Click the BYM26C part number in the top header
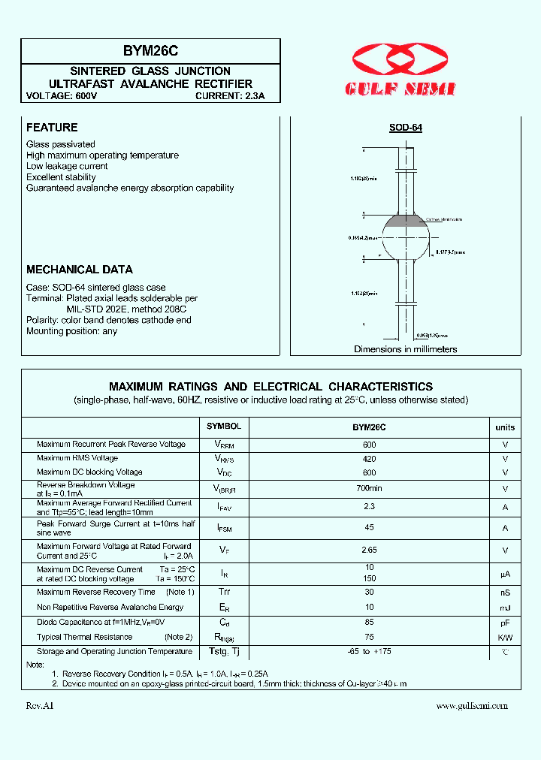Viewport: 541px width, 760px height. tap(150, 51)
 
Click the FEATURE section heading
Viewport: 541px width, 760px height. tap(52, 128)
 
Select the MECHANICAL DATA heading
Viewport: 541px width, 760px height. tap(80, 270)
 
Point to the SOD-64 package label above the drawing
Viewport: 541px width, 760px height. tap(406, 128)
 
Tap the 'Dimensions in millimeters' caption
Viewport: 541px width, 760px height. tap(406, 349)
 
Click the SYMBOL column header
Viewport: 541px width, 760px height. tap(224, 427)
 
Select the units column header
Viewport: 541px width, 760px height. tap(505, 427)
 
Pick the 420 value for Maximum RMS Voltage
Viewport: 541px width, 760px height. tap(369, 458)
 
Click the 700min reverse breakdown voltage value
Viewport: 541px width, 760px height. tap(369, 489)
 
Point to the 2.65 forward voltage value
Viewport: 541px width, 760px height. tap(369, 550)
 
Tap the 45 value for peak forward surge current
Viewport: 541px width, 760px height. tap(369, 528)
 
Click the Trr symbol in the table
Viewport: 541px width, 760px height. tap(224, 593)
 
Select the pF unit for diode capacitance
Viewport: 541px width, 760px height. tap(505, 623)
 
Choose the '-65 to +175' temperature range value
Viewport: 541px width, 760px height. tap(369, 652)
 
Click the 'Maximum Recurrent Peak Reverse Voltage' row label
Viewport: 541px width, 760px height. tap(111, 444)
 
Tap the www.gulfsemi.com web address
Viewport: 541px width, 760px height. tap(472, 705)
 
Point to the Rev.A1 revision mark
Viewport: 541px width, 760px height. tap(41, 705)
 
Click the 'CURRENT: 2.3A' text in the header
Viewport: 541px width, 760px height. tap(230, 96)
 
